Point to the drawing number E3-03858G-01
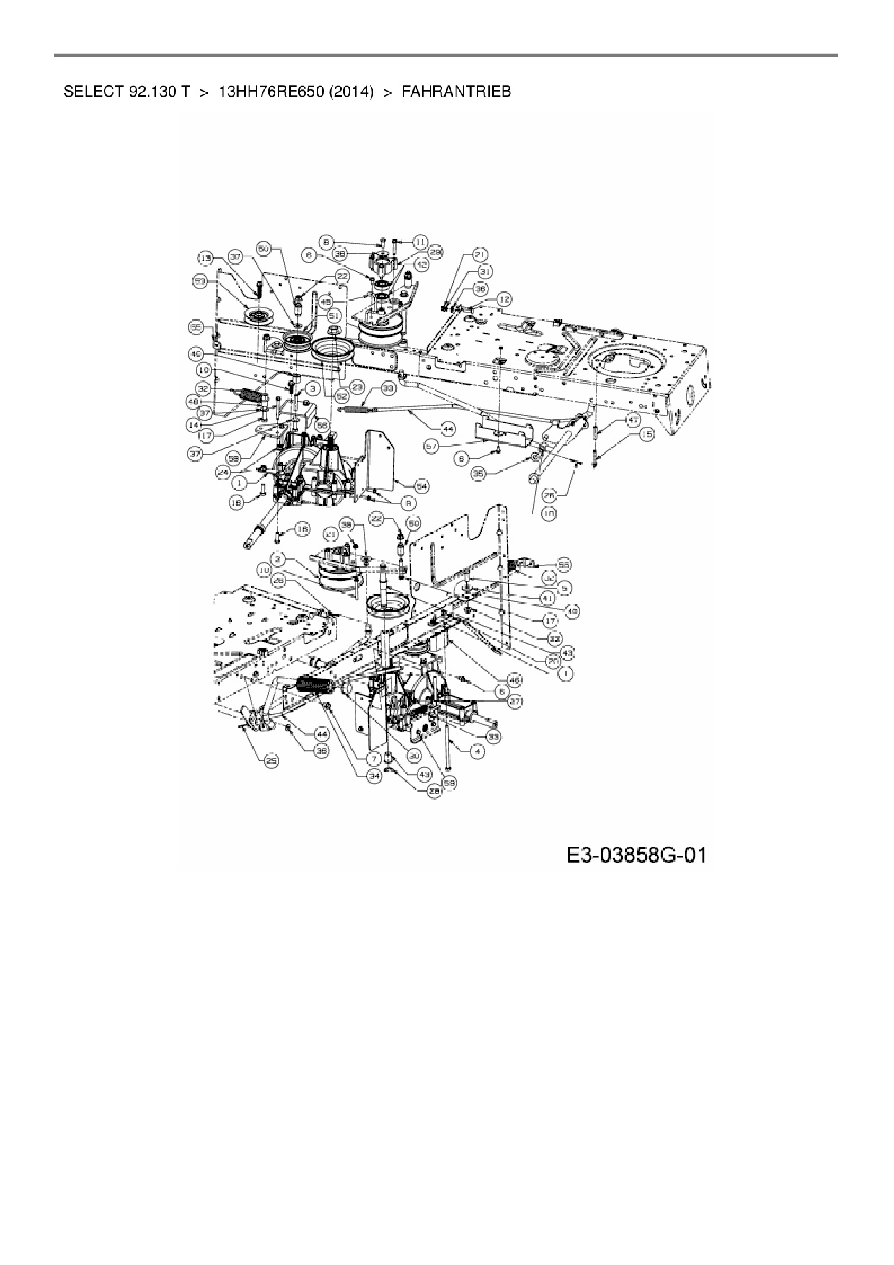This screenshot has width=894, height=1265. coord(637,855)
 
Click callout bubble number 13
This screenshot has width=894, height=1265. coord(207,257)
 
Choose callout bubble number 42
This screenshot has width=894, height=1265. coord(422,265)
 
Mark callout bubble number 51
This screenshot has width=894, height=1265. coord(332,315)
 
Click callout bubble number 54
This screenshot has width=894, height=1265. coord(421,486)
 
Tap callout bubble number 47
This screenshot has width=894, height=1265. coord(632,419)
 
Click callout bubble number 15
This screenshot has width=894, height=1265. coord(647,435)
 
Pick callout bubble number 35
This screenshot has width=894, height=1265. coord(478,474)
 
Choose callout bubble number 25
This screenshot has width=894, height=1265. coord(272,761)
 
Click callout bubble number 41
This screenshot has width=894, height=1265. coord(549,598)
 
